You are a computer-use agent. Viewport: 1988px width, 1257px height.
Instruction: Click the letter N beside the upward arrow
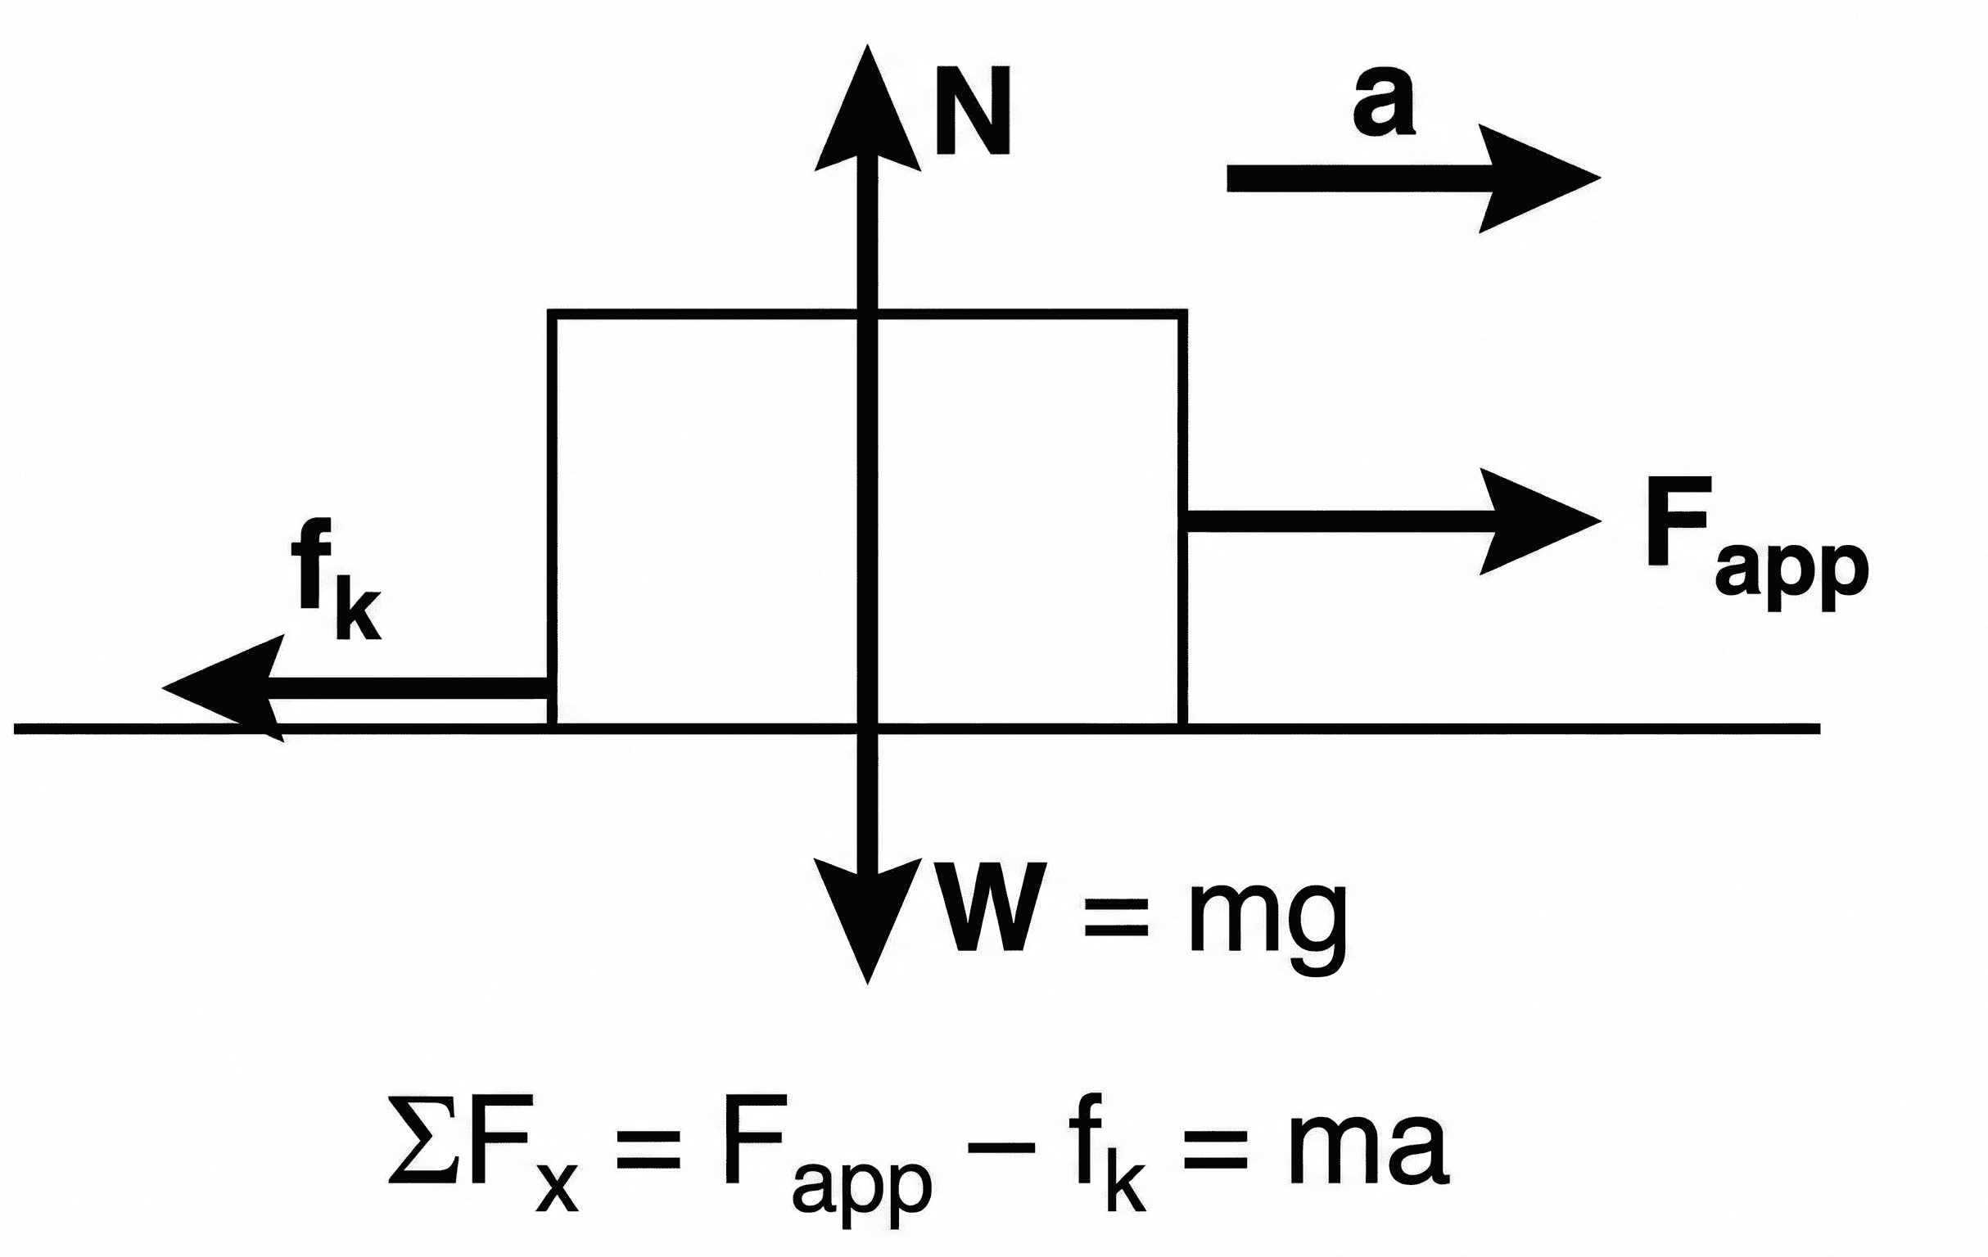[973, 111]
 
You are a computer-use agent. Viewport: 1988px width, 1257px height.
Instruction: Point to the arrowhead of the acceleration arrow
[1535, 178]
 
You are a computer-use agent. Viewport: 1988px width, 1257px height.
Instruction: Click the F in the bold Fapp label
[1676, 521]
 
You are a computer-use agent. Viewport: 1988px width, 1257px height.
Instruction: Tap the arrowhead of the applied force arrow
[1535, 520]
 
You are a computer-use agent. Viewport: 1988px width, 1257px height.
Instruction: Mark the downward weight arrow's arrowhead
[867, 925]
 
